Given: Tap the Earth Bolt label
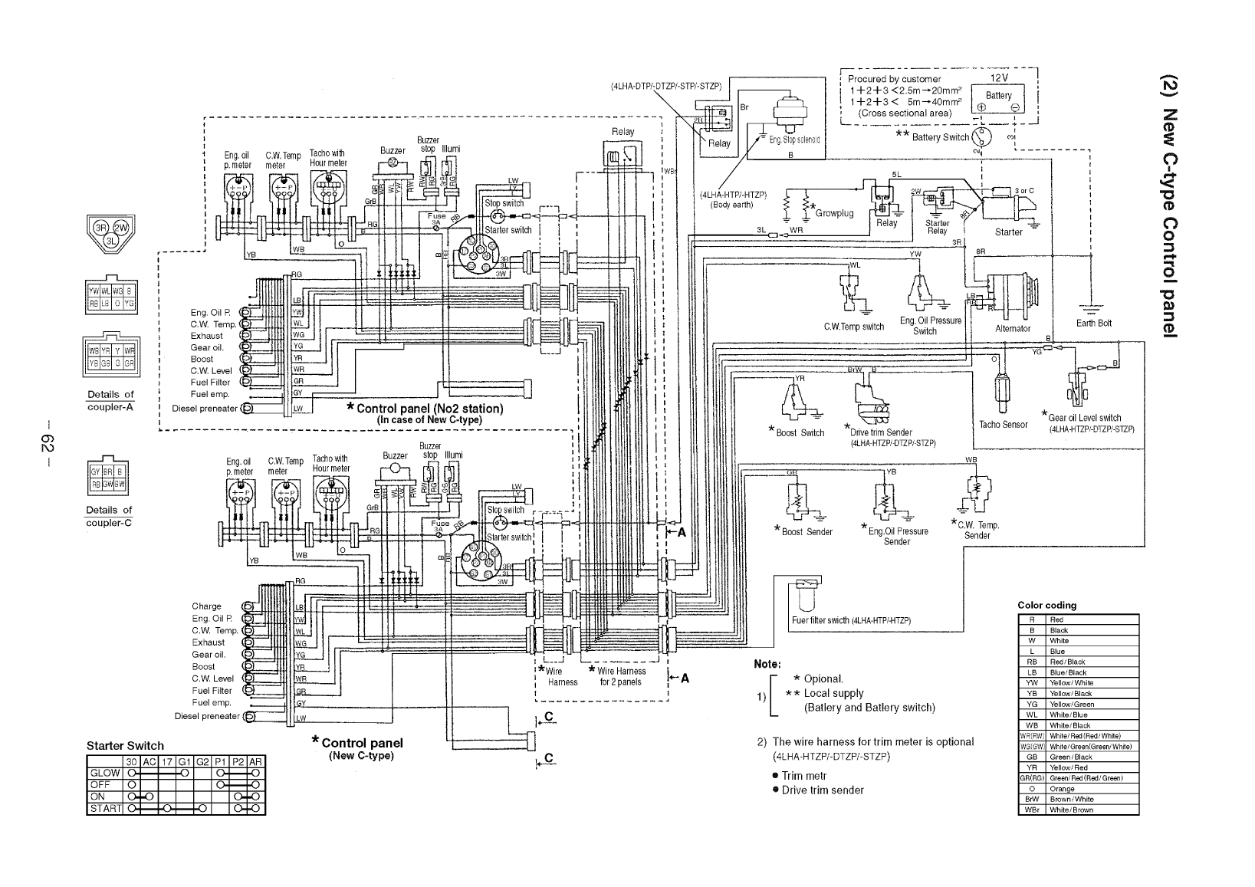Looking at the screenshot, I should [1093, 323].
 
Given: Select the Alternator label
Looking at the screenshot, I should [1012, 328].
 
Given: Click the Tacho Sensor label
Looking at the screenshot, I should [1003, 425].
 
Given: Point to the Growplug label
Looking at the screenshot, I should [834, 213].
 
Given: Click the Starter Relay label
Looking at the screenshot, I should [937, 227].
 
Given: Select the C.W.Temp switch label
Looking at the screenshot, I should [854, 327].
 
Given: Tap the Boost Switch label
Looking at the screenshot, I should [800, 433].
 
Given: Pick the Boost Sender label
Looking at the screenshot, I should [807, 531].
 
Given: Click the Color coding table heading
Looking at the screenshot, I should [1046, 606].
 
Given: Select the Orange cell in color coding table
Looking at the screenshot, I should [1058, 789].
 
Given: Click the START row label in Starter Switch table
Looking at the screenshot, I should [105, 809].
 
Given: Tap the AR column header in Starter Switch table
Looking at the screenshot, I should [256, 762].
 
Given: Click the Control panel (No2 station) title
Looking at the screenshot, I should [429, 409].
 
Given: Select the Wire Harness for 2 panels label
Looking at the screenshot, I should [620, 676].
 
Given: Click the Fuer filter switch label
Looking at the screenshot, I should [850, 620].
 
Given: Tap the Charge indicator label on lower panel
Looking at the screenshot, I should [206, 606].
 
